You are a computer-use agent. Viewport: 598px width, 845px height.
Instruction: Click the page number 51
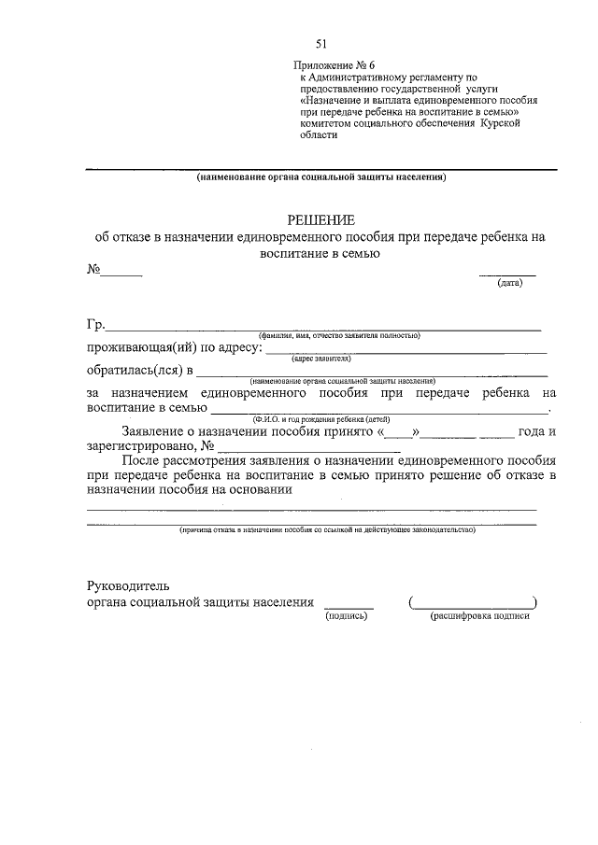coord(322,44)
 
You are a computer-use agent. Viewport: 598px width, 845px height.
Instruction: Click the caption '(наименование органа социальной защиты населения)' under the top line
coord(321,177)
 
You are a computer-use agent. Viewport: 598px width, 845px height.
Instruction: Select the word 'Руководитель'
coord(127,585)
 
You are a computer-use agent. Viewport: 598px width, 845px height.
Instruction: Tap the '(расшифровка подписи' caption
coord(479,617)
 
